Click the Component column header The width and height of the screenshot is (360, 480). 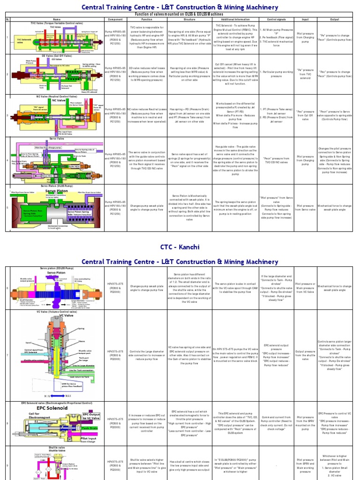tap(115, 19)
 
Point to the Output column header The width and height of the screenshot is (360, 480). tap(335, 19)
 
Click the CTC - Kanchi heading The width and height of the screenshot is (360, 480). tap(180, 247)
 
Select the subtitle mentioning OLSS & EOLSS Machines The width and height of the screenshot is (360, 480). tap(180, 15)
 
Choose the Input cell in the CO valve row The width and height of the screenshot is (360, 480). tap(305, 74)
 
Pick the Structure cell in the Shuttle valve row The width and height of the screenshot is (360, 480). tap(189, 464)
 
